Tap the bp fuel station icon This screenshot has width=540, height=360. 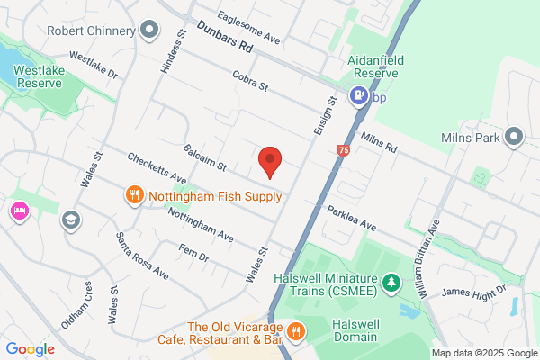pyautogui.click(x=358, y=94)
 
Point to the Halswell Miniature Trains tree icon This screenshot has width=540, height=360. pyautogui.click(x=391, y=284)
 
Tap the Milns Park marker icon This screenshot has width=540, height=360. pyautogui.click(x=514, y=138)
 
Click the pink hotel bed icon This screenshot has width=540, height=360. pyautogui.click(x=19, y=211)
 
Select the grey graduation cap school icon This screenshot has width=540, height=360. pyautogui.click(x=70, y=220)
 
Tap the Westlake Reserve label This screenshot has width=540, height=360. pyautogui.click(x=37, y=75)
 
